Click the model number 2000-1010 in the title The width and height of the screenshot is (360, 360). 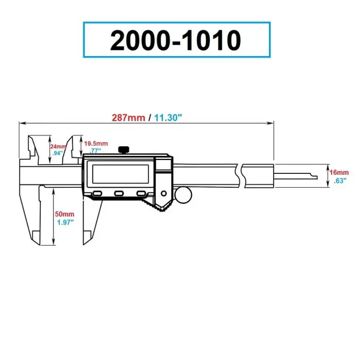click(176, 40)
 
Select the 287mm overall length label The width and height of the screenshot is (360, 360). click(129, 117)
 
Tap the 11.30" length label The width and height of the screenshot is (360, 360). click(168, 117)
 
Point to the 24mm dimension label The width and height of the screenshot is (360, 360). click(58, 146)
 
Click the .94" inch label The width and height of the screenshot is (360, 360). click(58, 153)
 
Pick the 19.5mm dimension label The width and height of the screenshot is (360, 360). click(96, 143)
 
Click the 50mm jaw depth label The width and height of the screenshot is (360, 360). click(65, 213)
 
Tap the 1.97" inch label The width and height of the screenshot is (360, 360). click(65, 222)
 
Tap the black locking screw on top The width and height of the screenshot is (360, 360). click(123, 150)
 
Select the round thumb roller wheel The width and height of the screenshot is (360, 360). click(184, 195)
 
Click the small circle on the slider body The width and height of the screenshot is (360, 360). click(164, 193)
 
